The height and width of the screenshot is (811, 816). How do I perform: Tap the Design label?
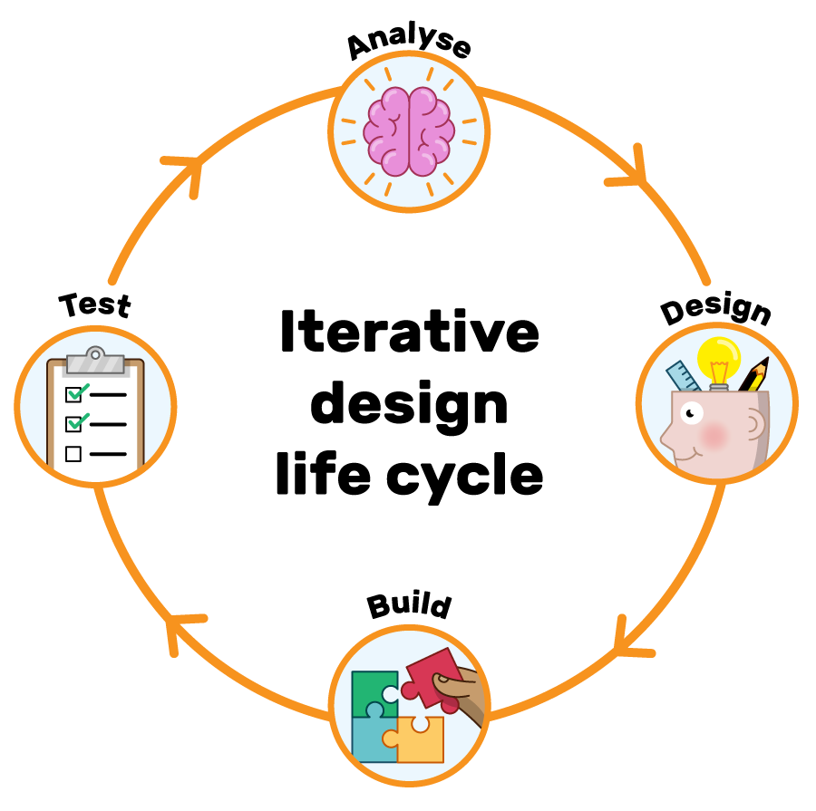716,309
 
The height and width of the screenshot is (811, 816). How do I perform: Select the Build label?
409,605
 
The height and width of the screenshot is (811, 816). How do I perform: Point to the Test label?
95,304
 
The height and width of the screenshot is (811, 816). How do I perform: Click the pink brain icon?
409,130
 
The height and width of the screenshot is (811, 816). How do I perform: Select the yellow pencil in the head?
753,373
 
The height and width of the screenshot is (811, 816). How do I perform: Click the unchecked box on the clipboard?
73,453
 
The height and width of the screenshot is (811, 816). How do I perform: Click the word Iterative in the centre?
409,333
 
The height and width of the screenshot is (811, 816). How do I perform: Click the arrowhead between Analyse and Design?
634,172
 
